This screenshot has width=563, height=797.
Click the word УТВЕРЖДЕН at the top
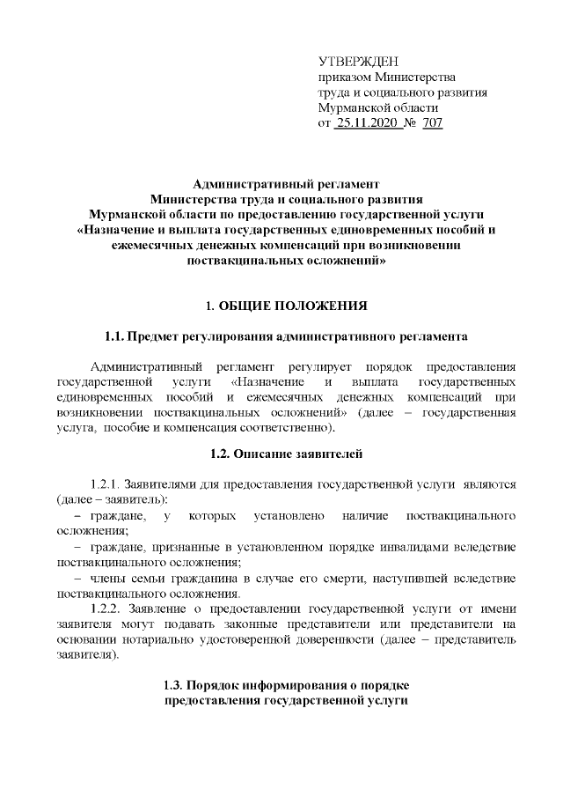(357, 61)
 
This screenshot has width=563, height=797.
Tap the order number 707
(432, 123)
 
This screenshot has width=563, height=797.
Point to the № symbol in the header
(408, 123)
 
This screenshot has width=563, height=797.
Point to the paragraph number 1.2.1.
(107, 484)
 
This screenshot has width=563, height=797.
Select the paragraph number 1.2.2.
(107, 608)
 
